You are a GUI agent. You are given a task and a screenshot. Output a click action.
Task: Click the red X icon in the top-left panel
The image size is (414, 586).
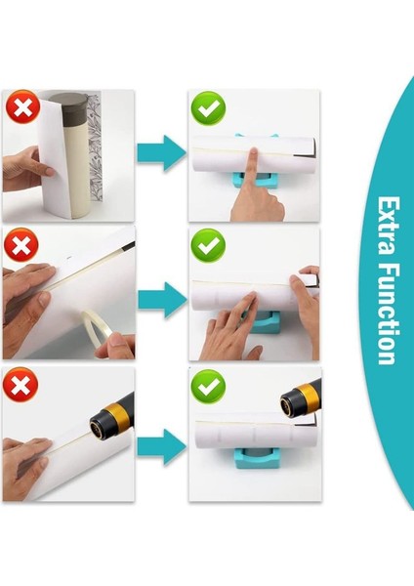point(21,107)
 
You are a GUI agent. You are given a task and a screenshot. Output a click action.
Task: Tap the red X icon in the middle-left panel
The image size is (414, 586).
point(21,245)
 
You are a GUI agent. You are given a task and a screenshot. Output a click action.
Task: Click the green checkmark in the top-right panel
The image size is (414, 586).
point(207,107)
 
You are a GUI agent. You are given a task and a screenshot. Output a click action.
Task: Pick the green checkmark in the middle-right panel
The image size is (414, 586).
point(207,245)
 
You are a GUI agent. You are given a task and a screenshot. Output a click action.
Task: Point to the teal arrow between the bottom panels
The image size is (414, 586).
point(160,448)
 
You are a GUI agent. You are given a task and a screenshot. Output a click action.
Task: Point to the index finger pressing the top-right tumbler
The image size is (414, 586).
point(255,166)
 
